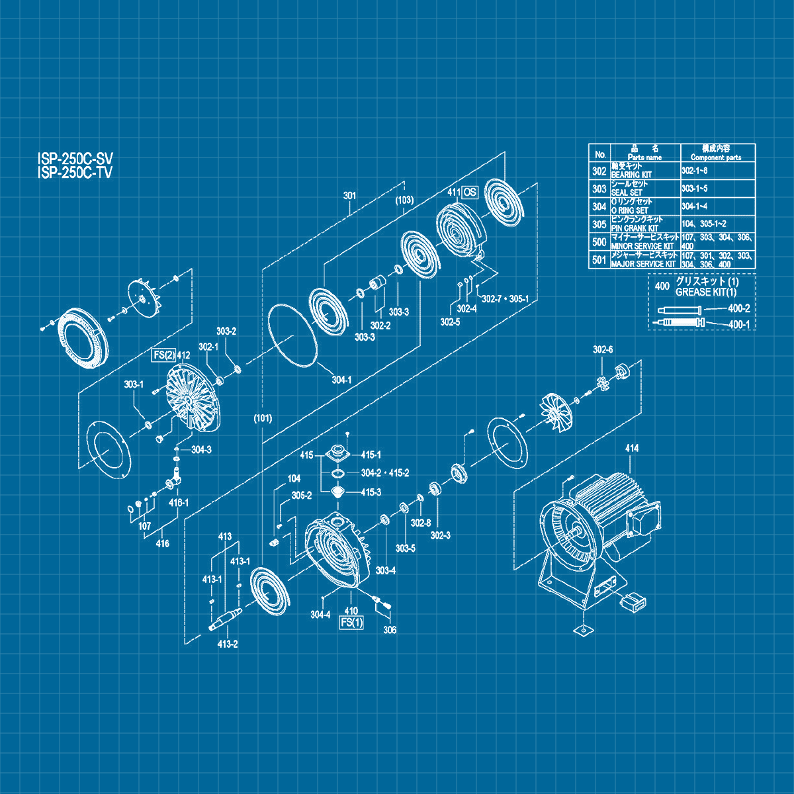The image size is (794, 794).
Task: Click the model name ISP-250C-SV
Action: click(75, 159)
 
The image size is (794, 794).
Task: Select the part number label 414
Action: click(631, 449)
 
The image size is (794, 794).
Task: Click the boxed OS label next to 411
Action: click(469, 193)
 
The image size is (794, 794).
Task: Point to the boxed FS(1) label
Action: click(351, 623)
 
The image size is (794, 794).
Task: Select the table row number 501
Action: click(599, 260)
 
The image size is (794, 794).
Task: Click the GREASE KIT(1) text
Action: click(705, 292)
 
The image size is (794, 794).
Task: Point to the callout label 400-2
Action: click(738, 308)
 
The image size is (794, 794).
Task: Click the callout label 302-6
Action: click(602, 349)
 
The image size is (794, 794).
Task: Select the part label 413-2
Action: click(227, 644)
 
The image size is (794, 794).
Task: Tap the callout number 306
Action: click(390, 630)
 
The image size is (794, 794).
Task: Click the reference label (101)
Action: click(263, 418)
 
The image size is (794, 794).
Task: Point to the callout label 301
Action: click(349, 196)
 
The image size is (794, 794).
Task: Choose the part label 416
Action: click(162, 544)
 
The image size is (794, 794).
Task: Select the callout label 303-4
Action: click(385, 570)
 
